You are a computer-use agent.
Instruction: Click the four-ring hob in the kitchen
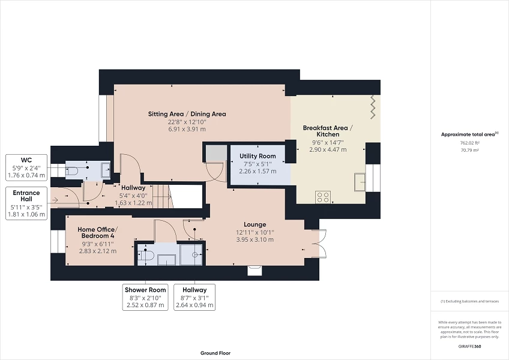click(x=323, y=195)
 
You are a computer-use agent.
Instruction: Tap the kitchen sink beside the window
click(x=361, y=181)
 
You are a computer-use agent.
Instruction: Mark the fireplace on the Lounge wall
click(x=255, y=270)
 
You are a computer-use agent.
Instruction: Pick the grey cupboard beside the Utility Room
click(x=213, y=154)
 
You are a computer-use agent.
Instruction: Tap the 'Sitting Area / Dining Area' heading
click(x=187, y=114)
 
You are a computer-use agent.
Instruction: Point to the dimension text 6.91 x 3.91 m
click(x=187, y=129)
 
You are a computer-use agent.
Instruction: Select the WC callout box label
click(x=26, y=160)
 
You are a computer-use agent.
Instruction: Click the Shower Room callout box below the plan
click(x=145, y=297)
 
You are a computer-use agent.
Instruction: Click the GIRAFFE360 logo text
click(x=470, y=347)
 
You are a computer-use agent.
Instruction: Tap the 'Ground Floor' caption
click(x=215, y=353)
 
